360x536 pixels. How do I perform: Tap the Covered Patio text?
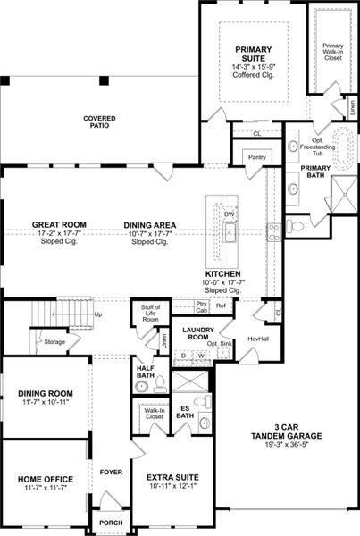click(x=101, y=123)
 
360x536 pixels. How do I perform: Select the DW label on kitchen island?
click(x=230, y=215)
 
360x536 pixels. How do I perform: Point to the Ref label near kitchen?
click(x=220, y=306)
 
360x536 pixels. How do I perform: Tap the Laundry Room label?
click(x=194, y=334)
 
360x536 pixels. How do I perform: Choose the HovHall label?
click(x=258, y=339)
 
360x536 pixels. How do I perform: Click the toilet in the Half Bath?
click(x=142, y=387)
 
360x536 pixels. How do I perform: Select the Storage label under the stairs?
click(x=55, y=341)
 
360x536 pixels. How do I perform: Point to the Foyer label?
click(x=111, y=472)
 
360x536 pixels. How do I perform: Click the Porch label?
click(x=111, y=523)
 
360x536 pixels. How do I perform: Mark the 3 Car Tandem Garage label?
click(x=287, y=431)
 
